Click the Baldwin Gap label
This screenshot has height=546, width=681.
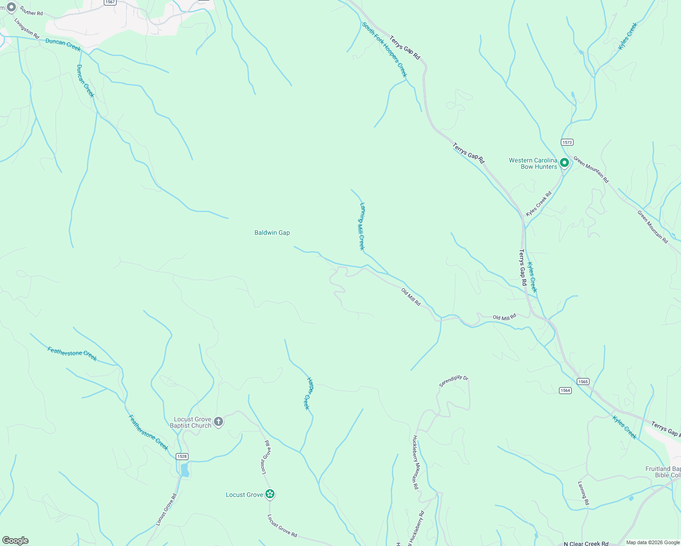pyautogui.click(x=272, y=233)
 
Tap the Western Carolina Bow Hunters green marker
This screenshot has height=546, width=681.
pyautogui.click(x=564, y=162)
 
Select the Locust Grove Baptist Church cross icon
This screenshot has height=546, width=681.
pyautogui.click(x=219, y=422)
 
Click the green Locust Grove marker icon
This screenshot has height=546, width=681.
pyautogui.click(x=270, y=494)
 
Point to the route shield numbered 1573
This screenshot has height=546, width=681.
pyautogui.click(x=567, y=142)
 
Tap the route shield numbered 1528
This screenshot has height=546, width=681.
pyautogui.click(x=182, y=456)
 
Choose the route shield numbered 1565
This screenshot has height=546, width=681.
pyautogui.click(x=583, y=382)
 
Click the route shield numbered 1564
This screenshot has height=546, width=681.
pyautogui.click(x=565, y=390)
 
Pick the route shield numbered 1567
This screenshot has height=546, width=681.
pyautogui.click(x=110, y=2)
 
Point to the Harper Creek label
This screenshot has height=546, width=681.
pyautogui.click(x=309, y=393)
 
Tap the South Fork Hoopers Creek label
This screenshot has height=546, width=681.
pyautogui.click(x=385, y=50)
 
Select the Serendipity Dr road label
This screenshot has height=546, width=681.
pyautogui.click(x=453, y=381)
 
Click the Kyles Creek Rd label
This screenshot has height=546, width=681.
pyautogui.click(x=539, y=204)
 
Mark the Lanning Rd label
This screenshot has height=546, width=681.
pyautogui.click(x=583, y=493)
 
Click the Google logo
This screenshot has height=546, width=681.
pyautogui.click(x=15, y=541)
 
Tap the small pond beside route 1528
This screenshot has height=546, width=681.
pyautogui.click(x=185, y=470)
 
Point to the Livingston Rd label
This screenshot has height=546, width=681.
pyautogui.click(x=27, y=28)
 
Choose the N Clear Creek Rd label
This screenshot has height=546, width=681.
pyautogui.click(x=586, y=543)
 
